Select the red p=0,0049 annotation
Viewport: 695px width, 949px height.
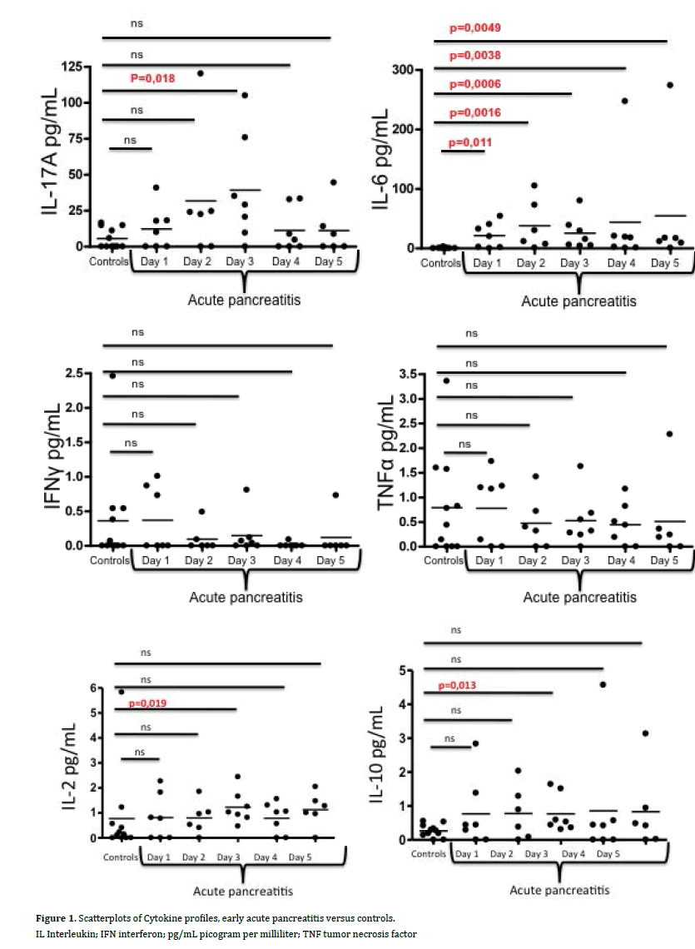point(474,27)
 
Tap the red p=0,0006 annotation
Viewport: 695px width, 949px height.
point(474,84)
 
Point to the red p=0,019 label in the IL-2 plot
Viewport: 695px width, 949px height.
point(148,703)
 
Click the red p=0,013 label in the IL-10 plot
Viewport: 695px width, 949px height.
point(461,686)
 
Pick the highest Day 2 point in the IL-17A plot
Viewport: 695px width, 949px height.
point(200,73)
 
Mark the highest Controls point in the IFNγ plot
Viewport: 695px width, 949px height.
point(113,375)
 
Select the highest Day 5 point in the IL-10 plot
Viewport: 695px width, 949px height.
point(644,733)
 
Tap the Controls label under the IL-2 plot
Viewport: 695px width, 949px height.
point(112,857)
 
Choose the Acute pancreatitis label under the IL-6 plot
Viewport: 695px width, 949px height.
point(579,301)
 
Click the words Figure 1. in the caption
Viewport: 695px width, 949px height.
point(55,917)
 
